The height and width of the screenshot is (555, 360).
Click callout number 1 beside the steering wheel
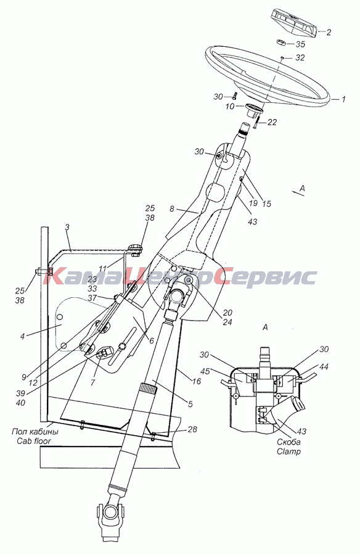[x=343, y=99]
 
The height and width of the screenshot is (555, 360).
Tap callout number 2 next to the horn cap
[x=329, y=32]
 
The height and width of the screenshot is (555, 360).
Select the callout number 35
[x=300, y=44]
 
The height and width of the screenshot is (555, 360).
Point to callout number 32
[x=300, y=57]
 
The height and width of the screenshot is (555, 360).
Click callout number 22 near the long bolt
[x=272, y=122]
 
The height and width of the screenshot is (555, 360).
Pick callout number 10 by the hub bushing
[x=230, y=105]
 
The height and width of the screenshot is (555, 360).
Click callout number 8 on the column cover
[x=172, y=209]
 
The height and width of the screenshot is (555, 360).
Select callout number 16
[x=197, y=381]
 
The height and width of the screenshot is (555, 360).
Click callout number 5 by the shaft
[x=190, y=404]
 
